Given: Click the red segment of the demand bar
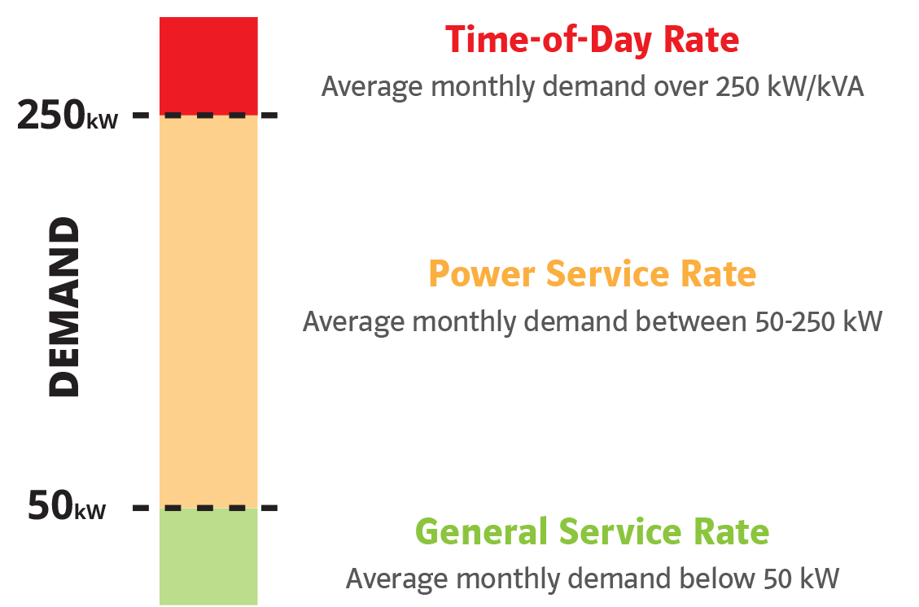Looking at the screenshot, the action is (x=208, y=66).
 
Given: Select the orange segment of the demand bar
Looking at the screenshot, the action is (x=208, y=311).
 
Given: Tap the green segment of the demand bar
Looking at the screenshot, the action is (x=208, y=556).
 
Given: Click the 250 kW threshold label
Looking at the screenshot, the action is (x=68, y=115).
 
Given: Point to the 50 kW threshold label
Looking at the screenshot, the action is (x=67, y=505).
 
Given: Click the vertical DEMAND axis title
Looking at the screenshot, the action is (x=63, y=307).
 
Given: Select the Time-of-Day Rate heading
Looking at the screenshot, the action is (x=592, y=40).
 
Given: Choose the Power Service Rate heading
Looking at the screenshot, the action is (x=593, y=273).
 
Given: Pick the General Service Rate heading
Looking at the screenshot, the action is (x=592, y=531).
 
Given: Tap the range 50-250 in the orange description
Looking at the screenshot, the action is (x=794, y=321).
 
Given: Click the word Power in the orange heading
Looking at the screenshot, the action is (x=482, y=273).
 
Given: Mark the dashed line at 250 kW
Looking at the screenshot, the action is (x=205, y=115).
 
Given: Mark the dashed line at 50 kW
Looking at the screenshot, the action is (x=205, y=508).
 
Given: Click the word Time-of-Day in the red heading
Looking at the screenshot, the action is (x=549, y=41).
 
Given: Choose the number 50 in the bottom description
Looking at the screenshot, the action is (x=777, y=579).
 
